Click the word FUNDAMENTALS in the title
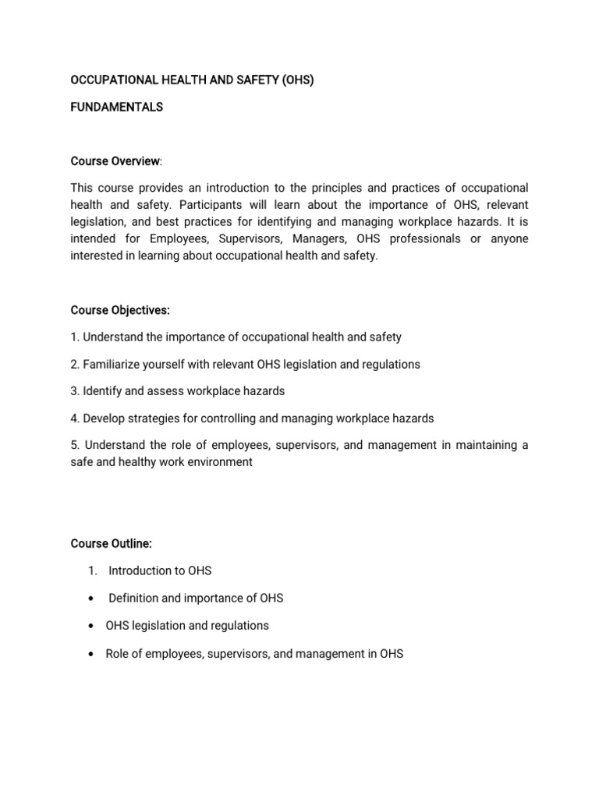click(x=116, y=108)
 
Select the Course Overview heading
click(x=115, y=161)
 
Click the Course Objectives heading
click(x=119, y=310)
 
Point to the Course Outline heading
click(x=111, y=543)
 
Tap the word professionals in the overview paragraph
click(x=423, y=239)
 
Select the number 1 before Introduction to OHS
click(x=92, y=570)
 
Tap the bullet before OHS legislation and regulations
click(x=94, y=626)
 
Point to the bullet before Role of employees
click(x=94, y=654)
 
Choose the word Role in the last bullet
click(x=118, y=654)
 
